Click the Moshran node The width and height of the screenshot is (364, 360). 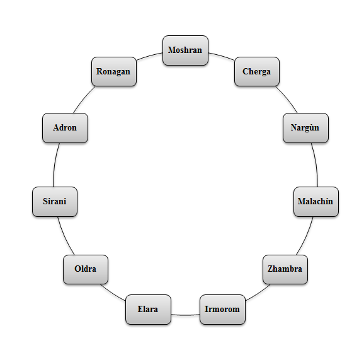[185, 50]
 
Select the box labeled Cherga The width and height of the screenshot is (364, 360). [256, 71]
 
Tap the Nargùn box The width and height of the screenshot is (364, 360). [305, 128]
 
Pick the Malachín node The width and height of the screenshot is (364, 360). [316, 202]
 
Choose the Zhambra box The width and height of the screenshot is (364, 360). [285, 269]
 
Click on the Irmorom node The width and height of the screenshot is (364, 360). [222, 310]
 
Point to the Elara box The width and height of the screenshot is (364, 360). [148, 310]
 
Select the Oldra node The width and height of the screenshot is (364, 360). [86, 269]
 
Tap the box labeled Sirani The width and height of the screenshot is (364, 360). [55, 202]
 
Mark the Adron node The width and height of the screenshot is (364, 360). [65, 128]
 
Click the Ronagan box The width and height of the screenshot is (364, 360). [114, 71]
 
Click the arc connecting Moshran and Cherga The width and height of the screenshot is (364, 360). [222, 55]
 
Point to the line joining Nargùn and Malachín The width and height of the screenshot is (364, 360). [315, 165]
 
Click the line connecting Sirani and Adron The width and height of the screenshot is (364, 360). [55, 165]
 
